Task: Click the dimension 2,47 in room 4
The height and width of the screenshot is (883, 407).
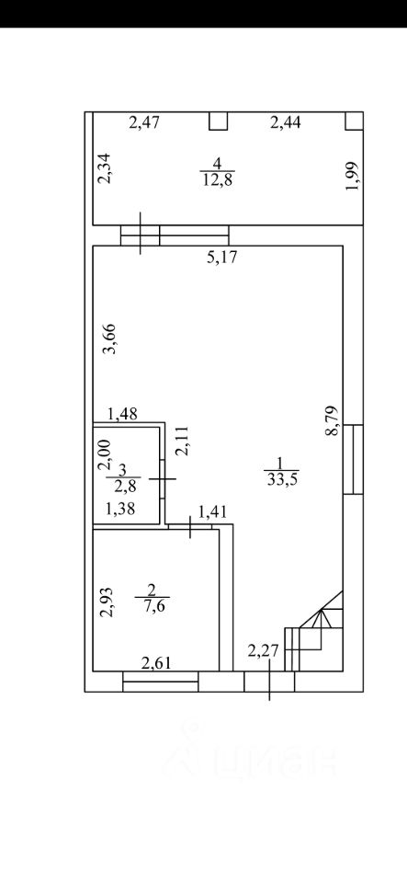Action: (145, 122)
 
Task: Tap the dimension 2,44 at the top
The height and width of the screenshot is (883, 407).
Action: (286, 122)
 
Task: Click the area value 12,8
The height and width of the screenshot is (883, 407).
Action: (218, 180)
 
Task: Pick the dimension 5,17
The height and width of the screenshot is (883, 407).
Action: (223, 258)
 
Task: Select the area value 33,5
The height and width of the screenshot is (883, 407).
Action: (281, 480)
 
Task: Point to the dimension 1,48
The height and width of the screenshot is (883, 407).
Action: (122, 415)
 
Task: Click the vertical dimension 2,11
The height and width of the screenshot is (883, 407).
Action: (184, 441)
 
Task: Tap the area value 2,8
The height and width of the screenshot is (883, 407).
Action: (123, 486)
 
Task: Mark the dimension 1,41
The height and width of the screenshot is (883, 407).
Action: (215, 511)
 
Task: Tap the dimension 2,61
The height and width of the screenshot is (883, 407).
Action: (156, 664)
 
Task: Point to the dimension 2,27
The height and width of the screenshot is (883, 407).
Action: (263, 651)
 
